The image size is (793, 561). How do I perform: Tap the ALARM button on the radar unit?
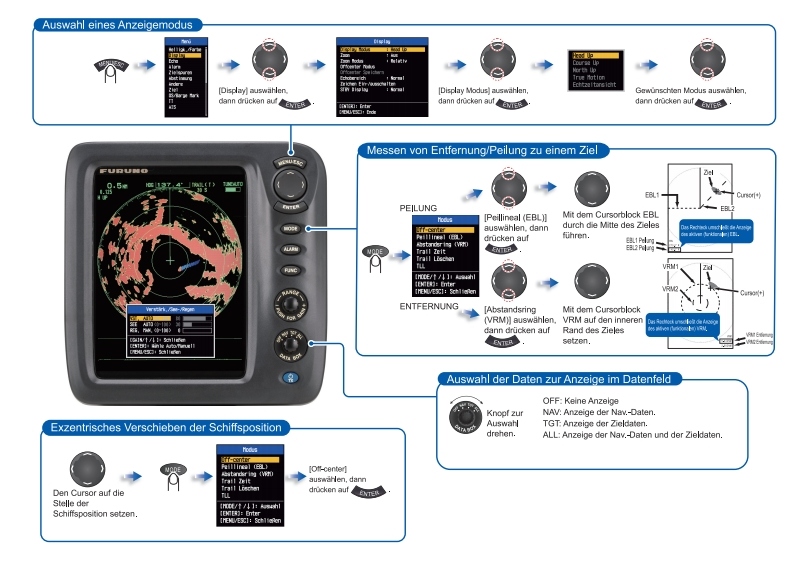click(x=290, y=248)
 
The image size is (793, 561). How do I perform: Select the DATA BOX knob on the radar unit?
click(x=290, y=345)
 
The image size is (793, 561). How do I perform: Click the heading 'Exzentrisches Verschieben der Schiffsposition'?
click(x=166, y=428)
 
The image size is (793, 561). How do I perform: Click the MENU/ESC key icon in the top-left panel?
click(x=113, y=69)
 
